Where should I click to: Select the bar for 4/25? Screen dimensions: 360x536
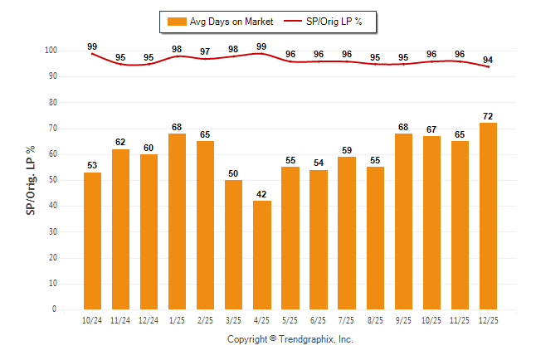point(262,255)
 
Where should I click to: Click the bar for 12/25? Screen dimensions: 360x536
point(488,216)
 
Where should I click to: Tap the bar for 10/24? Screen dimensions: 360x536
point(92,241)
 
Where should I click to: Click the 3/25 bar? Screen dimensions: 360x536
point(234,244)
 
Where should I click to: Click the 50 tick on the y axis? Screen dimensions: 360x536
point(51,180)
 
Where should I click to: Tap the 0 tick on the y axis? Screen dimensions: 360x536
point(54,309)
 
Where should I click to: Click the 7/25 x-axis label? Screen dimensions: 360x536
point(347,320)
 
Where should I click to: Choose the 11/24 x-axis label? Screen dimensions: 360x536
point(120,320)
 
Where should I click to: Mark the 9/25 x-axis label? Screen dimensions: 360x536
point(403,320)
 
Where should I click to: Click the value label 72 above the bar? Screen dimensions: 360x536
point(488,116)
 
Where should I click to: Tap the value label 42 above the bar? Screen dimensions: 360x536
point(262,194)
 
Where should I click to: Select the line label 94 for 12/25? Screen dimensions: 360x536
point(488,60)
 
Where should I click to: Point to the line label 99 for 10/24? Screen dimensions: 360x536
point(92,46)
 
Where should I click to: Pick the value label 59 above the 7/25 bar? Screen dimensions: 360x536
point(347,150)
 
